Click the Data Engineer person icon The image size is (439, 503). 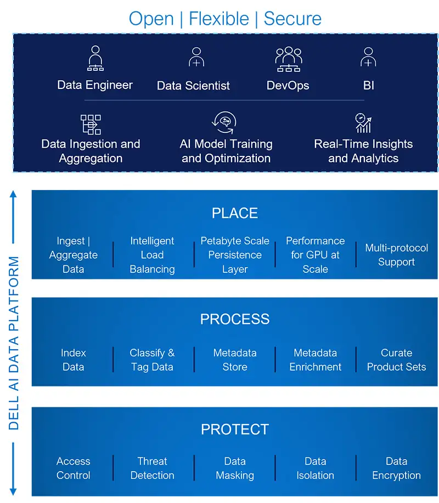point(95,58)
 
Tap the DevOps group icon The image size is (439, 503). point(288,59)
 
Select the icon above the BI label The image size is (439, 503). point(368,58)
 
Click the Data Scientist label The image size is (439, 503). point(193,86)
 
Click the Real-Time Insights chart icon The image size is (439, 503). point(363,123)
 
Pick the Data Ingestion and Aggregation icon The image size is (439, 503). point(91,124)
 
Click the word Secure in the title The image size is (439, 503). point(292,19)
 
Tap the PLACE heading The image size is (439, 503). point(234,213)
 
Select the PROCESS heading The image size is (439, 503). point(234,319)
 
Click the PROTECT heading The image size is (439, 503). point(234,429)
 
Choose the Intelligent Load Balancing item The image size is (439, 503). point(152,255)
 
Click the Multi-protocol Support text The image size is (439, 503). point(396,255)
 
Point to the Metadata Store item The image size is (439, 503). point(234,360)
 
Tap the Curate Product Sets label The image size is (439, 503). point(396,360)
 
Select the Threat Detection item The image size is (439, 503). point(152,468)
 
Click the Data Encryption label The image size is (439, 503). point(396,468)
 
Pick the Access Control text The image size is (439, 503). point(73,468)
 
